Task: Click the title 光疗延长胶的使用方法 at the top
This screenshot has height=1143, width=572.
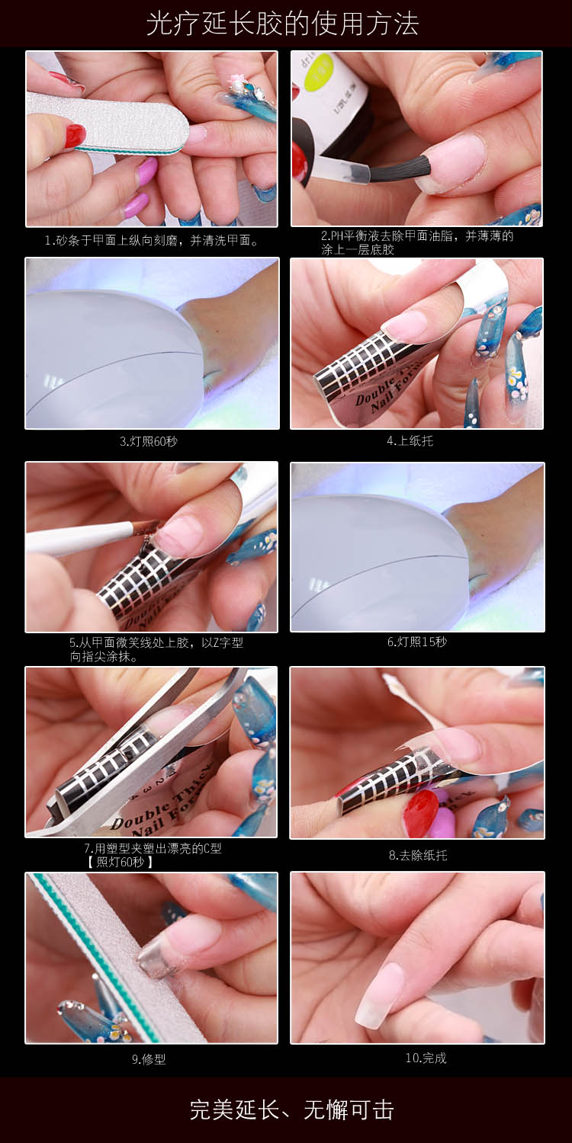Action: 282,24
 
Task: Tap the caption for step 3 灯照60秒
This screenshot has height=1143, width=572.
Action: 149,441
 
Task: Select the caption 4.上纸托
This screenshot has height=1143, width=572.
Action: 410,441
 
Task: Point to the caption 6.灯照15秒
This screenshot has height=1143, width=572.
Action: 416,642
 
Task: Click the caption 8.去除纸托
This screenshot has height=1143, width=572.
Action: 418,855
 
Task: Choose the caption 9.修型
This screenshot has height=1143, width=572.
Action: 149,1059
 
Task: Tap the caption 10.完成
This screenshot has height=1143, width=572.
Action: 426,1058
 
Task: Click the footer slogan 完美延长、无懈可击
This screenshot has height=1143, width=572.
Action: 291,1110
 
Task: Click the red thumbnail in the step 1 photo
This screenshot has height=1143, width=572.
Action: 75,135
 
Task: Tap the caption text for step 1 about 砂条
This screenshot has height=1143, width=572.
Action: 152,240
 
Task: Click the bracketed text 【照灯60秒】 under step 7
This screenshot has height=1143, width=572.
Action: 120,862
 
